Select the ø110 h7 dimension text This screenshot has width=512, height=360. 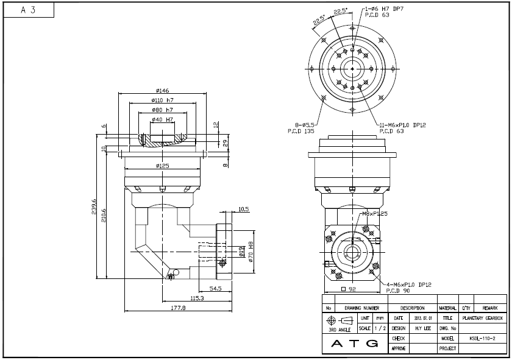(162, 100)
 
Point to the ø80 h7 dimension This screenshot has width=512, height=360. (162, 110)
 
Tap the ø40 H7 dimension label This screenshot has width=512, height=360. (162, 119)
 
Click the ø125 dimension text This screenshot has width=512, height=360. (162, 165)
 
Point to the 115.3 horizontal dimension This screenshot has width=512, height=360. (196, 298)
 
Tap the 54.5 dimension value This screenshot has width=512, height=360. (215, 288)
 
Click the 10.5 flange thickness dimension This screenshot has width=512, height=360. (243, 209)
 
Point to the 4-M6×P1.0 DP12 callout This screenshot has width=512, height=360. (409, 284)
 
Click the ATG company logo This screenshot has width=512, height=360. (354, 344)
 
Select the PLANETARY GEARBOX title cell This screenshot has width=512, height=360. (482, 318)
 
